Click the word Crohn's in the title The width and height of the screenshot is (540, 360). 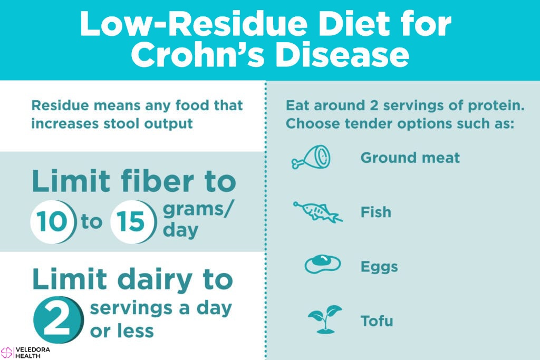pos(198,55)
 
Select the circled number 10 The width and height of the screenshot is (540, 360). pos(52,222)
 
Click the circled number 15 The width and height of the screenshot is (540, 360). pos(132,222)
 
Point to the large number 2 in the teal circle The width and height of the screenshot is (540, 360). pos(58,320)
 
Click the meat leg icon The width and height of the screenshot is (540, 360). pos(311,157)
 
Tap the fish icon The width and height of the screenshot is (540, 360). pos(317,212)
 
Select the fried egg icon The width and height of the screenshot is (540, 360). pos(322,264)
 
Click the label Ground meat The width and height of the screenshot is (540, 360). pos(410,158)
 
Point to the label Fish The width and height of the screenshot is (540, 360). pos(375,212)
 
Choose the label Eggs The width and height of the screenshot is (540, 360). pos(379,267)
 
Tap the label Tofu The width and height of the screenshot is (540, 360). pos(377,321)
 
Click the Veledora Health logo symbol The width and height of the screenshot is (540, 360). pos(6,353)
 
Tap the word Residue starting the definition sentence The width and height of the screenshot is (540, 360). pos(60,105)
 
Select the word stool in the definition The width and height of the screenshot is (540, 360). pos(122,123)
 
